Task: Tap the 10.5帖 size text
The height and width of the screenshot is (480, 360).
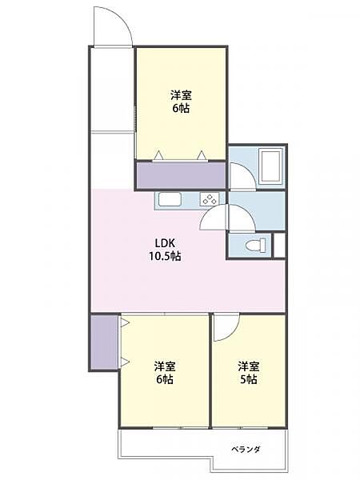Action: coord(166,258)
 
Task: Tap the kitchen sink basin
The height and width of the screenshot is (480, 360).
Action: coord(170,201)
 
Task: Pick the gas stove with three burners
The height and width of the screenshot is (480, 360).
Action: coord(208,201)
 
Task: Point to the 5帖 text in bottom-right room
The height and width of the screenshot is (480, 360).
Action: coord(247,379)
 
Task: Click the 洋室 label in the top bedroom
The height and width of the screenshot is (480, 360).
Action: coord(180,94)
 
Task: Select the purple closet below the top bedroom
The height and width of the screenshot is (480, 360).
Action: coord(181,175)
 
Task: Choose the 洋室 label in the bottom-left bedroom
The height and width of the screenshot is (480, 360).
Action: coord(165,366)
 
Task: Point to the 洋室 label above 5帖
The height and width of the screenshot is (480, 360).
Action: coord(247,366)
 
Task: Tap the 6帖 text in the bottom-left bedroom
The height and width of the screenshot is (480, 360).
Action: coord(165,380)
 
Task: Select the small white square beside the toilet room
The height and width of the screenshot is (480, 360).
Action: coord(278,246)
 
